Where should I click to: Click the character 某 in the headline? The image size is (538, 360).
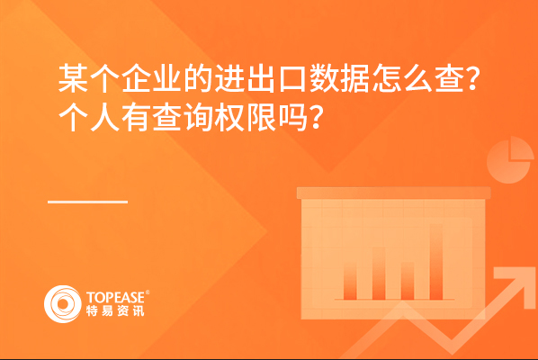pyautogui.click(x=74, y=78)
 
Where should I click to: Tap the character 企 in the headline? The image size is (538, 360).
pyautogui.click(x=136, y=78)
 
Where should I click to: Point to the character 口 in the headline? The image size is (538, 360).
pyautogui.click(x=292, y=79)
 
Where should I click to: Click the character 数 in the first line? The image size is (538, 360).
pyautogui.click(x=324, y=78)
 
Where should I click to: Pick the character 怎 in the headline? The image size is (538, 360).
pyautogui.click(x=387, y=78)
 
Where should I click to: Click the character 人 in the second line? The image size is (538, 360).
pyautogui.click(x=105, y=117)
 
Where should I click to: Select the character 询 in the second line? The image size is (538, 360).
pyautogui.click(x=199, y=117)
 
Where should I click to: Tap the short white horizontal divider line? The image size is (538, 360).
pyautogui.click(x=88, y=202)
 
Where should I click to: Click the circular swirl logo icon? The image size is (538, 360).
pyautogui.click(x=63, y=304)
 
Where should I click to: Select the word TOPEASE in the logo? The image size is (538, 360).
pyautogui.click(x=116, y=297)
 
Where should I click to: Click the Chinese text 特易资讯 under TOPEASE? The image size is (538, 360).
pyautogui.click(x=115, y=310)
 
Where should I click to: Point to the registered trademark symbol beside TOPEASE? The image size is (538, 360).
pyautogui.click(x=148, y=292)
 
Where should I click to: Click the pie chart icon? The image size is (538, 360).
pyautogui.click(x=510, y=159)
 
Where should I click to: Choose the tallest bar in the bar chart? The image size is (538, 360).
pyautogui.click(x=436, y=262)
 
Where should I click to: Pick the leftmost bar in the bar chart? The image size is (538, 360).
pyautogui.click(x=350, y=281)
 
